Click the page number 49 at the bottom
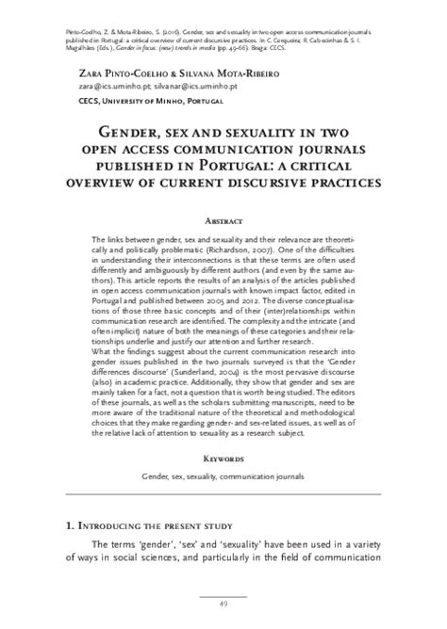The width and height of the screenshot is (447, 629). pos(223,603)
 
